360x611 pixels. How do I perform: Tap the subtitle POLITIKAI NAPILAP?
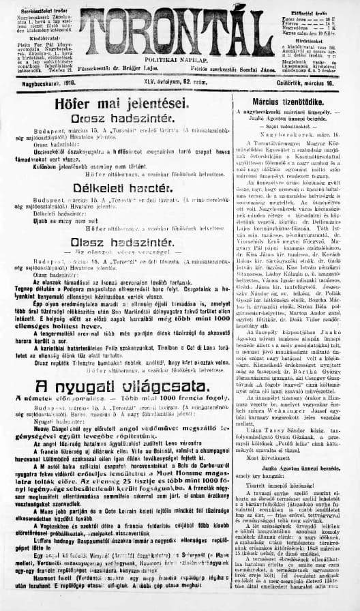[x=178, y=61]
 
